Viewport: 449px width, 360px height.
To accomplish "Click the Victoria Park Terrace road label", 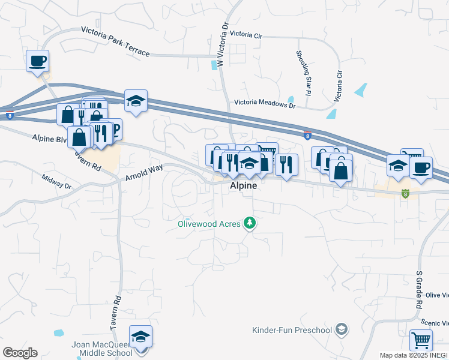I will coord(115,41).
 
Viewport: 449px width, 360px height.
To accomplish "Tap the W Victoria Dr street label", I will coord(223,44).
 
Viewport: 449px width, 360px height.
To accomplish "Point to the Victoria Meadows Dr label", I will coord(265,104).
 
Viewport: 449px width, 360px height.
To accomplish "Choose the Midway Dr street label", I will coord(56,181).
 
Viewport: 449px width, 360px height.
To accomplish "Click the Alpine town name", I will coord(243,186).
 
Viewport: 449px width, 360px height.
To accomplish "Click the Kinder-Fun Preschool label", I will coord(292,330).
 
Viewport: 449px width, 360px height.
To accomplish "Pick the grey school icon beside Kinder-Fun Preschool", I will coord(342,329).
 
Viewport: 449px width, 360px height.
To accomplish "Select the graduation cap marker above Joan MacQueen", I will coord(140,337).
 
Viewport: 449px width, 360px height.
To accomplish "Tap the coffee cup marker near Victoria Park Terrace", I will coord(37,61).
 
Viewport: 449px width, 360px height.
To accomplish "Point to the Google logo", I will coord(20,353).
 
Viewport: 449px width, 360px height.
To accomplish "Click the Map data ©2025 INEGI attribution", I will coord(414,355).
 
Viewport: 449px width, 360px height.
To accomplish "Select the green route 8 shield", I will coord(405,194).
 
